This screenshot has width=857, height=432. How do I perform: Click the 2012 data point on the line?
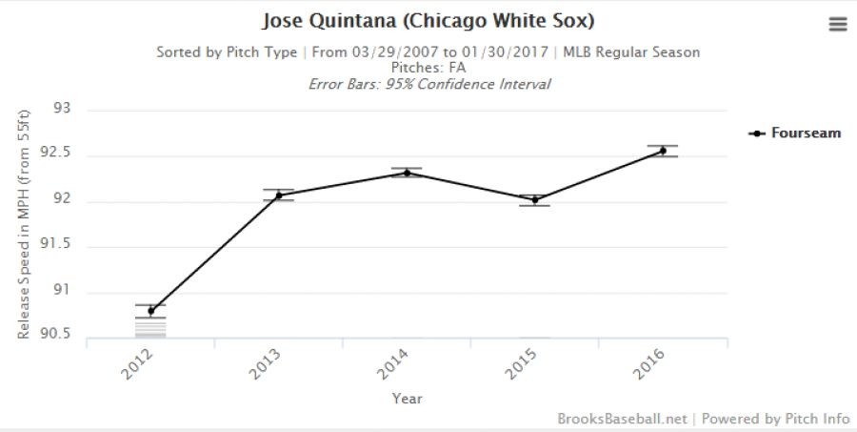tap(150, 311)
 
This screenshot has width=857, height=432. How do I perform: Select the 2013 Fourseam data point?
tap(279, 195)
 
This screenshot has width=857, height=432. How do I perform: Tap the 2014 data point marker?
tap(407, 173)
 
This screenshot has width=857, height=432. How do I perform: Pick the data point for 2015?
tap(535, 199)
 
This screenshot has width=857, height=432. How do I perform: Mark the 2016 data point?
tap(663, 151)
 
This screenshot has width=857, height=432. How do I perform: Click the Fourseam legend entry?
tap(805, 134)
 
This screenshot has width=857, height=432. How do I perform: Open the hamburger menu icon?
tap(838, 25)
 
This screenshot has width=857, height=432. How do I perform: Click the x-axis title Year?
tap(407, 399)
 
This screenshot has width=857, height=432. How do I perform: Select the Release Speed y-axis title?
tap(25, 224)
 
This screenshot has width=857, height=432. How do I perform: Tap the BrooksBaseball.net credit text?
tap(622, 418)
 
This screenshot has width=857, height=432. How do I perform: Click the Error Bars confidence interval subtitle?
tap(428, 84)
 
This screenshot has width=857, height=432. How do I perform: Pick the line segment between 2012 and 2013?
tap(214, 254)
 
